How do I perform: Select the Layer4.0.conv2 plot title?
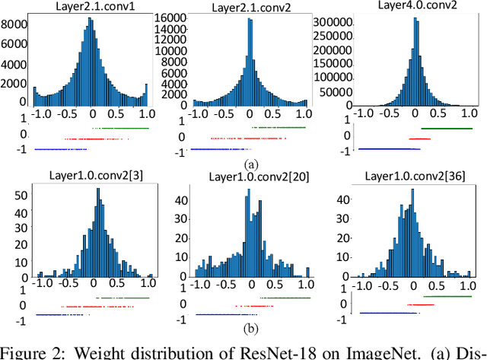point(413,6)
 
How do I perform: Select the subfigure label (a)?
point(249,164)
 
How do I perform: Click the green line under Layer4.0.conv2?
point(445,128)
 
